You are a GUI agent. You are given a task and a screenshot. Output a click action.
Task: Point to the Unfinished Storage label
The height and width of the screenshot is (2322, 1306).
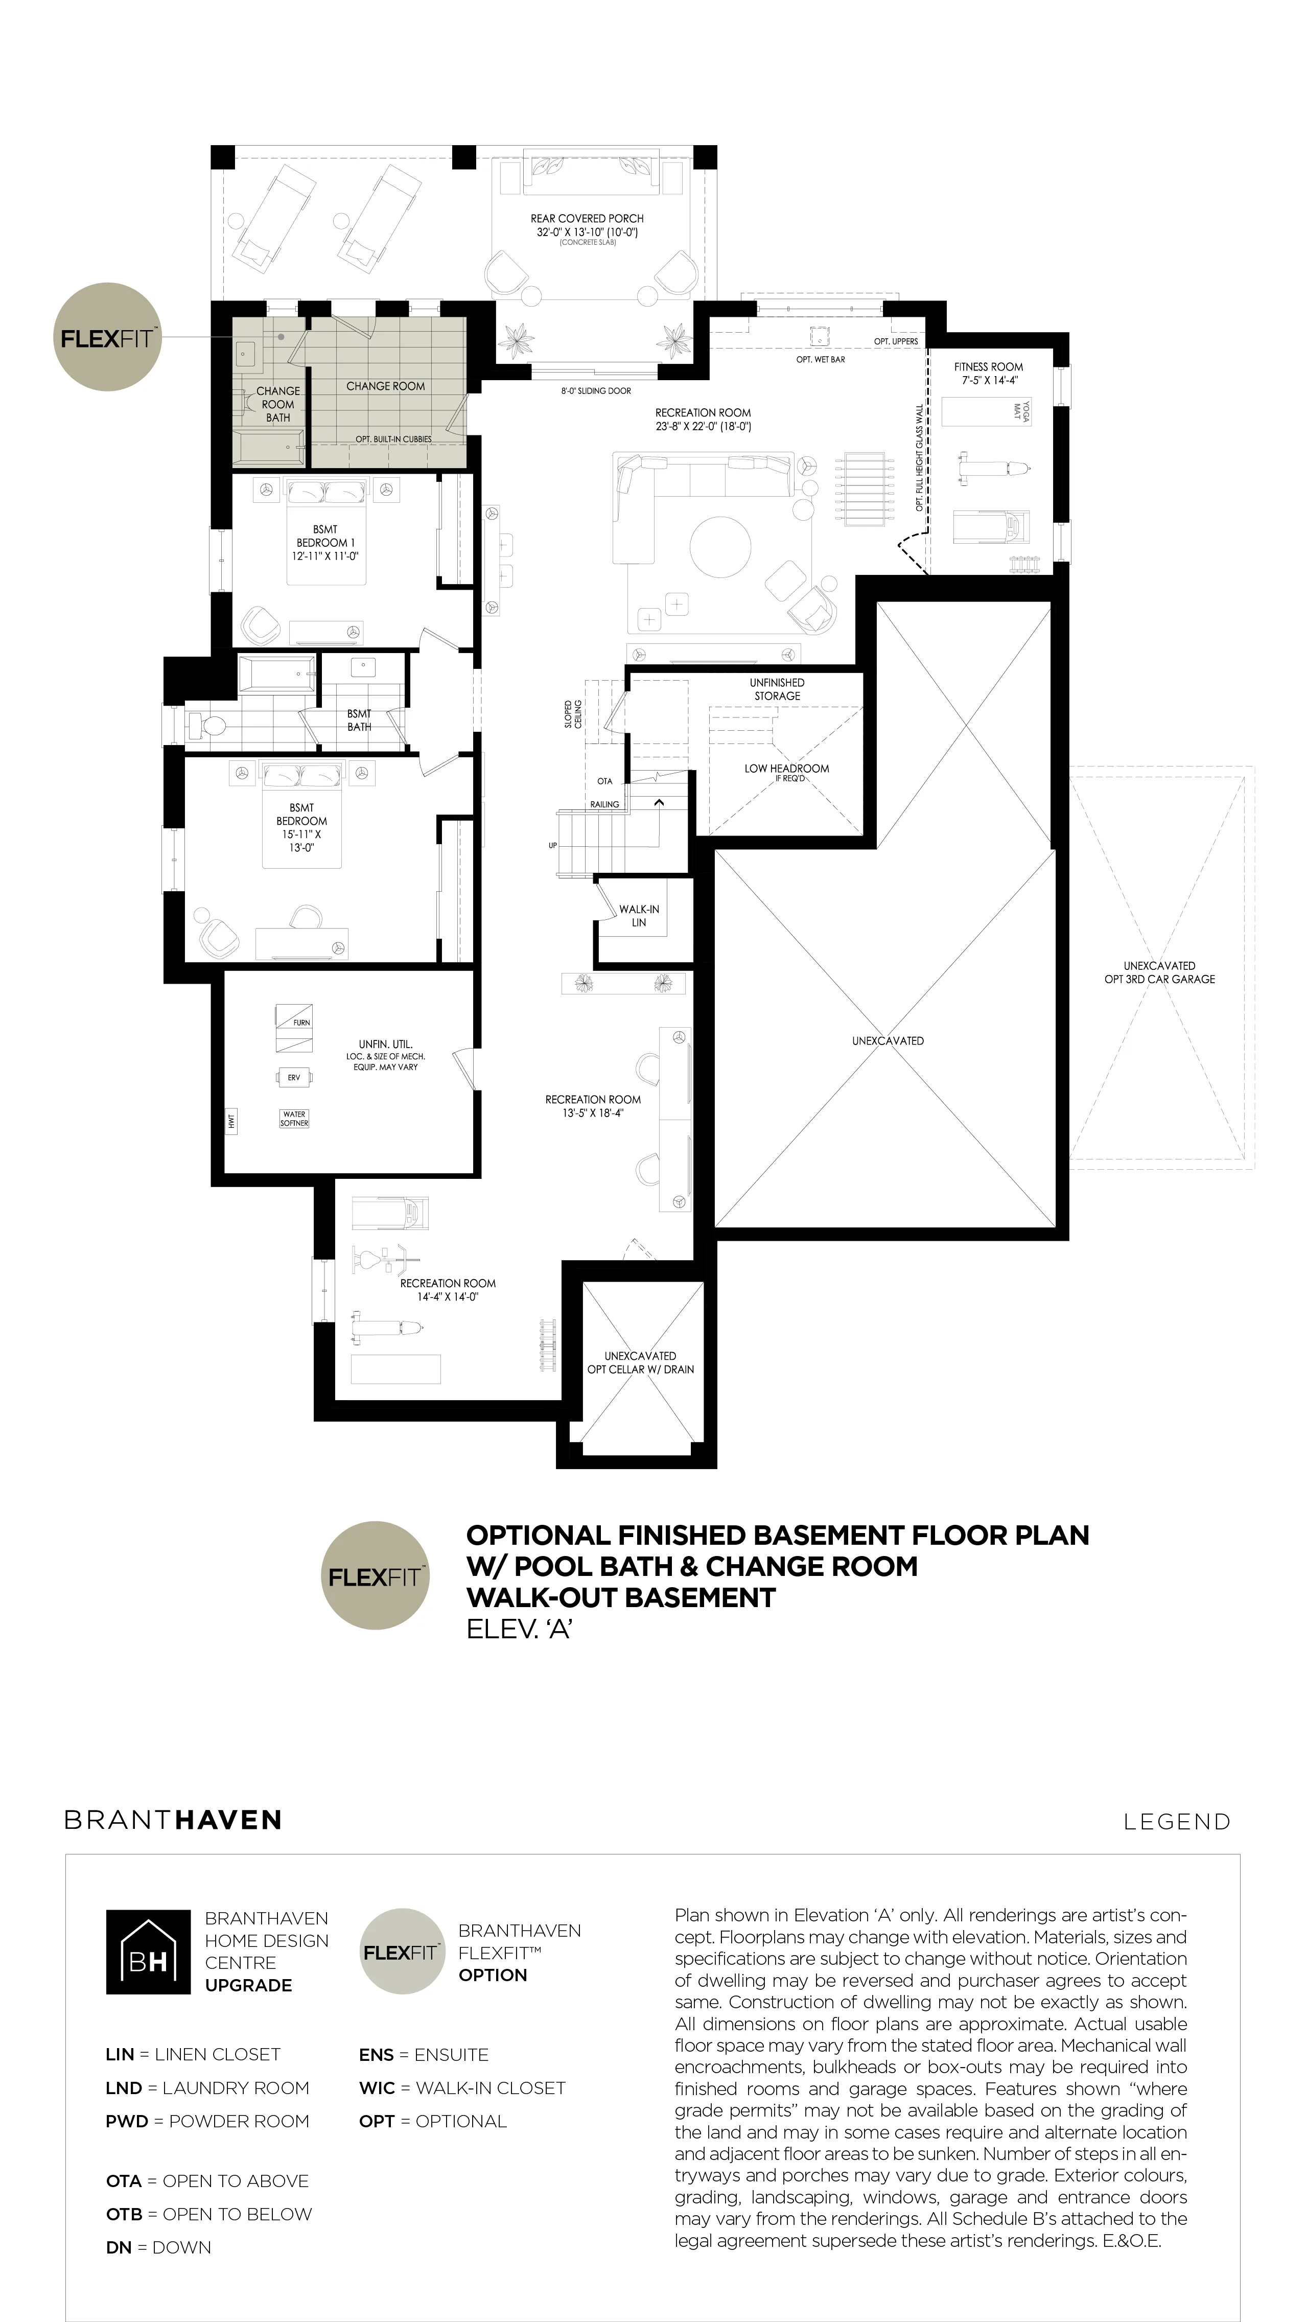[x=777, y=689]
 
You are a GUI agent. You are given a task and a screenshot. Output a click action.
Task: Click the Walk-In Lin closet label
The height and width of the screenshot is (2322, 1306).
[x=639, y=916]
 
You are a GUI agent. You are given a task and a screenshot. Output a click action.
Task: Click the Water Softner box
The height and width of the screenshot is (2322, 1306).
[x=295, y=1119]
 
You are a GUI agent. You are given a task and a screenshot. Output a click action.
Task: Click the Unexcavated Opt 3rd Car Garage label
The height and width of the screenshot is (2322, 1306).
[x=1159, y=972]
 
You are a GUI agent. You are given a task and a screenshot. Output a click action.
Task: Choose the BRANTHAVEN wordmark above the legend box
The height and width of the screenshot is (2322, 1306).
[x=173, y=1820]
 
